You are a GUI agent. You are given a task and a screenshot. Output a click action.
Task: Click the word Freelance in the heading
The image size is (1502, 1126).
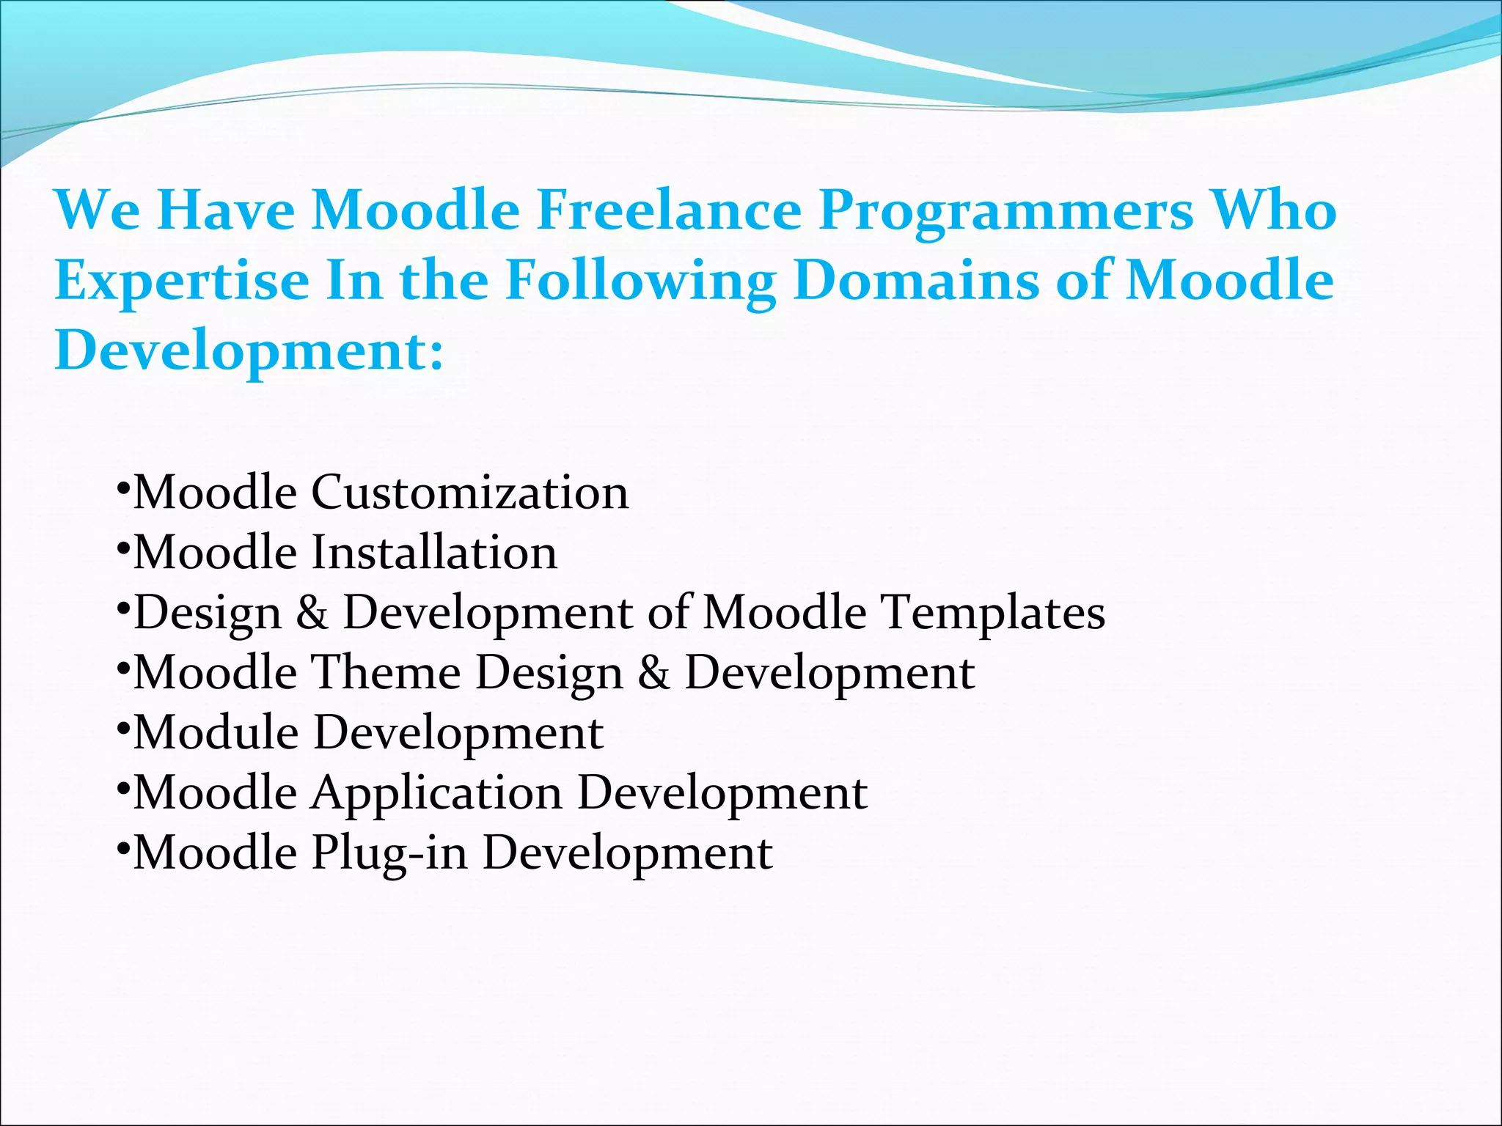coord(669,210)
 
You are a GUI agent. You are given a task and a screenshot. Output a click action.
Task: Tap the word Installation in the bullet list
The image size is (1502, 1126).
coord(434,552)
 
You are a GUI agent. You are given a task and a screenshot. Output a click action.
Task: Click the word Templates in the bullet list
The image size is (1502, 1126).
coord(992,613)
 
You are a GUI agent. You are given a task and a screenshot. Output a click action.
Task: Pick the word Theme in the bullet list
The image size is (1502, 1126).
coord(387,672)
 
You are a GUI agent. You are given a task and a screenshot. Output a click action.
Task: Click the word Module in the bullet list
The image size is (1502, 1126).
coord(216,732)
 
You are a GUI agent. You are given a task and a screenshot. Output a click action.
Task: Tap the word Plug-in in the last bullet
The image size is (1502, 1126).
coord(389,854)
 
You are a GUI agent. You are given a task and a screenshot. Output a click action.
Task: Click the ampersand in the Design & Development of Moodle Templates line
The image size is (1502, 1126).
coord(312,613)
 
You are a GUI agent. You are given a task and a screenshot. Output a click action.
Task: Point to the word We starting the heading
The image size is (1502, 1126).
coord(98,210)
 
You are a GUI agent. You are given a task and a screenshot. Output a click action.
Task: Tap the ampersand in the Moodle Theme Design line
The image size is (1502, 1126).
coord(653,673)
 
